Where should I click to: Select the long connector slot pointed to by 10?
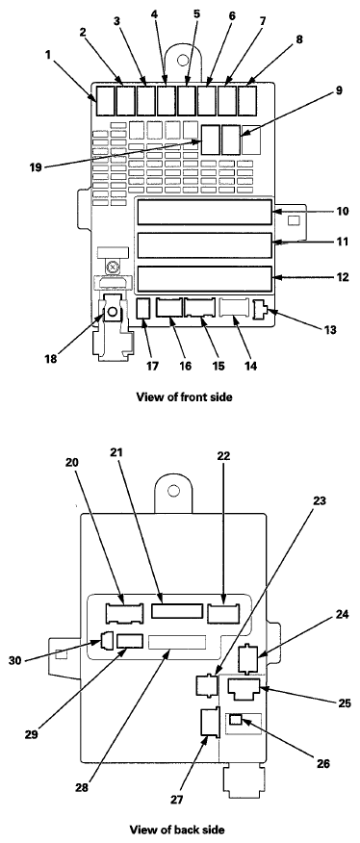(203, 211)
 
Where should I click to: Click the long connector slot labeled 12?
(203, 280)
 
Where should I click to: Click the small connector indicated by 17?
(142, 309)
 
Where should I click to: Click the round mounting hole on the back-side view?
(174, 491)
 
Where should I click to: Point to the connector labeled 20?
(124, 613)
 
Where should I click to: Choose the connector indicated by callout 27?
(208, 721)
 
